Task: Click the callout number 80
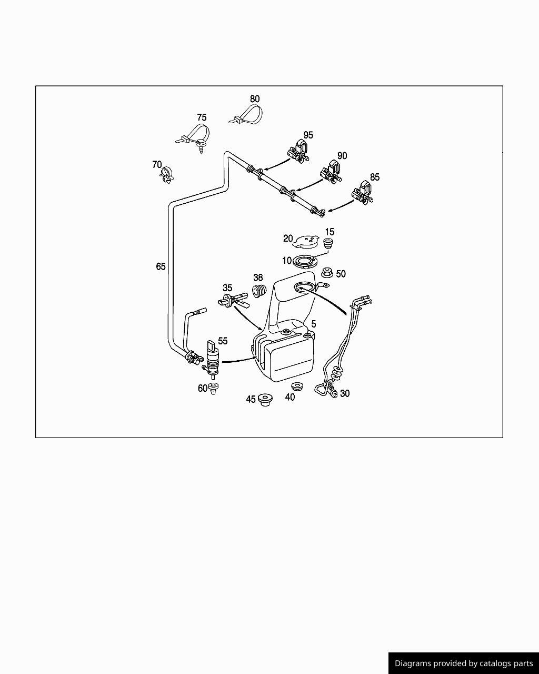click(255, 99)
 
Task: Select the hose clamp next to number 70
click(167, 175)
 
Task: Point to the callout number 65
click(161, 266)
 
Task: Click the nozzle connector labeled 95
click(299, 151)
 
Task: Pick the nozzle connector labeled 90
click(331, 172)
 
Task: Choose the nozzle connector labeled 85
click(363, 193)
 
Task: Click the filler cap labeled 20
click(306, 243)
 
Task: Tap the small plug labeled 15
click(330, 244)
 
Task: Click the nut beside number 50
click(326, 273)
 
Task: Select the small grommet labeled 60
click(213, 389)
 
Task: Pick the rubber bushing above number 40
click(298, 386)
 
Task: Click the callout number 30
click(345, 393)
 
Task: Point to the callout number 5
click(314, 324)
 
